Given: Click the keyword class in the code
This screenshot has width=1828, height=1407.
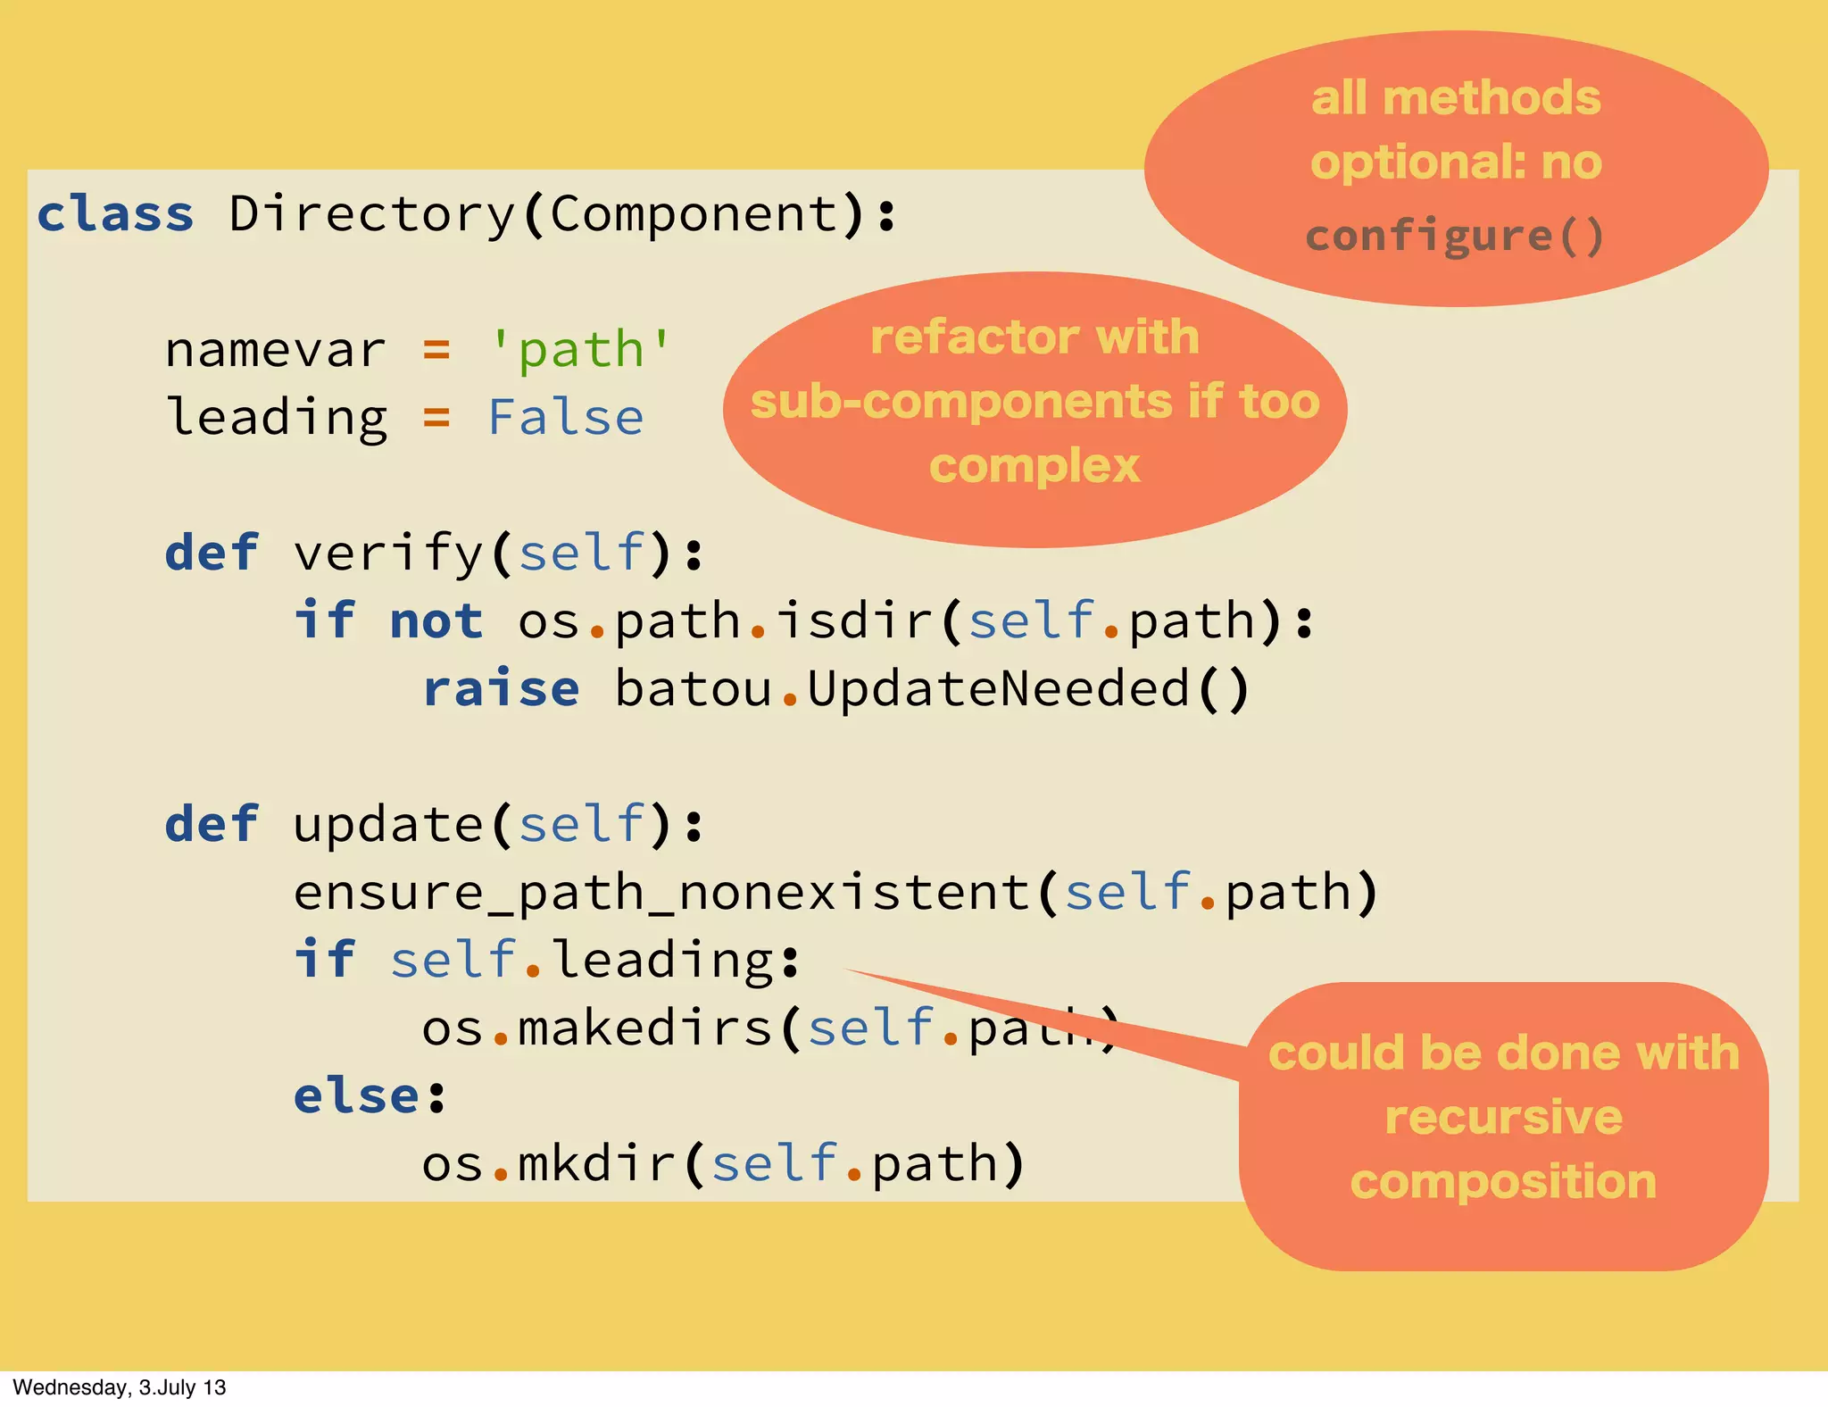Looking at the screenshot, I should [115, 215].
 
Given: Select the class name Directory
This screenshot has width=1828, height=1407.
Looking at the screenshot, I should [372, 215].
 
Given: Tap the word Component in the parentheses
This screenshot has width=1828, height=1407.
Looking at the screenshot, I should [694, 215].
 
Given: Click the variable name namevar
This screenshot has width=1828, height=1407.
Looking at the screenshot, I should [276, 350].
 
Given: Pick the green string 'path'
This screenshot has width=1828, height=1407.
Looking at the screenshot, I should [580, 350].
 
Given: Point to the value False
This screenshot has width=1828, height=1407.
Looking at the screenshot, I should [566, 418].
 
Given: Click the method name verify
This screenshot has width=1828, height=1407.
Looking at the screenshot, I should [388, 554].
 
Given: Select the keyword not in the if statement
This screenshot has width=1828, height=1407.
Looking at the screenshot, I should [436, 621].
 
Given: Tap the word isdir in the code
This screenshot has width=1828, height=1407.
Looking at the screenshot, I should [854, 621].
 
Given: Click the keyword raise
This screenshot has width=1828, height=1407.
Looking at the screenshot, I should [502, 689].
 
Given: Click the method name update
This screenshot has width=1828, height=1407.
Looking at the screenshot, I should [388, 824].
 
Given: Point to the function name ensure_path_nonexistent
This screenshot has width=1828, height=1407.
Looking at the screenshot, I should [662, 893].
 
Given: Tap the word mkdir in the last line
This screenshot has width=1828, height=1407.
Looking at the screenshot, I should [596, 1163].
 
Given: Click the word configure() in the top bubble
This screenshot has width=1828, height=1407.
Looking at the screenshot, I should [1455, 237].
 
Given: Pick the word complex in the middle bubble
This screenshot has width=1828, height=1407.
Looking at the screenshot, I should [1034, 466].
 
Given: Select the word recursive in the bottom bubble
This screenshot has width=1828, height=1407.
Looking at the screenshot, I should [1504, 1118].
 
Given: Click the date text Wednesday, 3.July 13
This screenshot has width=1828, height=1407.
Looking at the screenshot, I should [120, 1387].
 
